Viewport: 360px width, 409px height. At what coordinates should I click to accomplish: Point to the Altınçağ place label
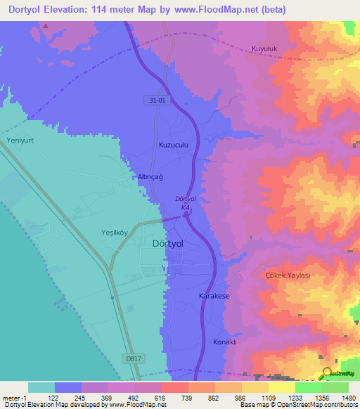[150, 177]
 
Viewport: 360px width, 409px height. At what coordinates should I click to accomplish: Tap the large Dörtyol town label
[169, 244]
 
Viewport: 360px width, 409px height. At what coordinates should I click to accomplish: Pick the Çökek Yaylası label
[287, 275]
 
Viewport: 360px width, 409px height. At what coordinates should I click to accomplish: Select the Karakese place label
[214, 297]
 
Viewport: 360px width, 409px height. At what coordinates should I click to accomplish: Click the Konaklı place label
[226, 342]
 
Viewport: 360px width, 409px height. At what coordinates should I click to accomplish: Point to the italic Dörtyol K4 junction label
[184, 204]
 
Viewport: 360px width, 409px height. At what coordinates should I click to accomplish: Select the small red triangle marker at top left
[46, 26]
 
